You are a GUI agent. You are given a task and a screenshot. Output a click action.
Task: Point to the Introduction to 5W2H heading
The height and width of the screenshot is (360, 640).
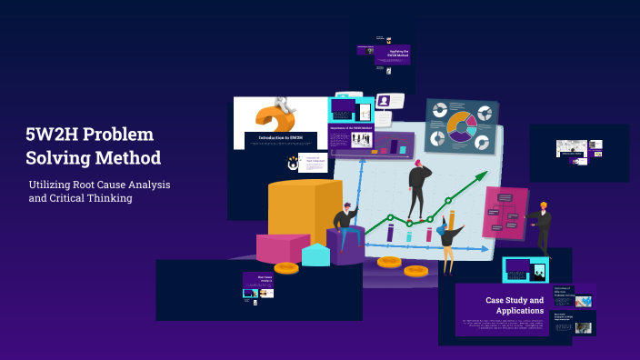(281, 138)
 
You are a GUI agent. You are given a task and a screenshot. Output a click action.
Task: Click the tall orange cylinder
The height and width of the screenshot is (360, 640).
(292, 209)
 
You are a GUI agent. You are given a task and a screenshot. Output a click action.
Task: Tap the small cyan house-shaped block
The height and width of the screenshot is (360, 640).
(315, 255)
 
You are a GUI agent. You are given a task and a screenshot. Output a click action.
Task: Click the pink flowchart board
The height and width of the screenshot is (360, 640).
(504, 213)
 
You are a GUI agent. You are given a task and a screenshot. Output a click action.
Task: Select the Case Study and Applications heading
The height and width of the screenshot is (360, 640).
(514, 305)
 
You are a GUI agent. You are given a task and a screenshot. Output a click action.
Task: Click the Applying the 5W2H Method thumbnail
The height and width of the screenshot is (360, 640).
(392, 55)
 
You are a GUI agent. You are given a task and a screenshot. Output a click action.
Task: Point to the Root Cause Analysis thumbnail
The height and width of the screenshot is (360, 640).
(258, 285)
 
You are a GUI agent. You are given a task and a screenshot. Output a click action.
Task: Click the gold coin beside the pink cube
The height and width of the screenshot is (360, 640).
(286, 267)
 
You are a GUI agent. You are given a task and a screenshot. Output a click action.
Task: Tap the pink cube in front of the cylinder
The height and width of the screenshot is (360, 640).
(281, 247)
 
